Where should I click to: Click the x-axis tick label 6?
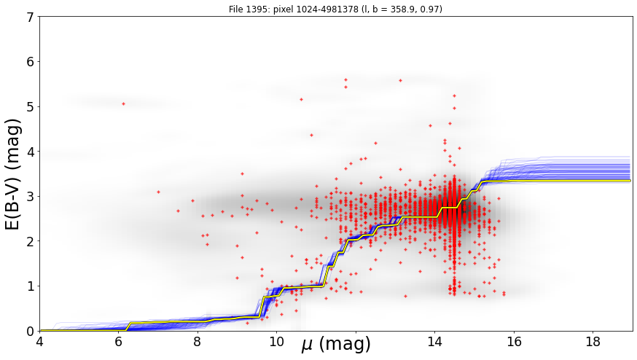[118, 342]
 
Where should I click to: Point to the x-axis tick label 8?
[198, 342]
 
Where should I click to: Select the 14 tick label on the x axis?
[434, 342]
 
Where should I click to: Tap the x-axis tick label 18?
[593, 342]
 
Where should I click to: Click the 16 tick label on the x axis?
[514, 342]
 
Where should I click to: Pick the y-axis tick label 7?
[31, 17]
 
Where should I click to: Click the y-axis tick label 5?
[31, 107]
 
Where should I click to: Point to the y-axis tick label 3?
[31, 197]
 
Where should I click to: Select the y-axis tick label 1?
[31, 286]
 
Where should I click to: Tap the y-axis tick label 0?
[31, 331]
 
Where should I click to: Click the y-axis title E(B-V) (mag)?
[13, 174]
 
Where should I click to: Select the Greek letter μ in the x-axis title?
[308, 345]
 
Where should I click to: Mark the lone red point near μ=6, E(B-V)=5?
[123, 104]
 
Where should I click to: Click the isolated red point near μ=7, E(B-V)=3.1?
[158, 192]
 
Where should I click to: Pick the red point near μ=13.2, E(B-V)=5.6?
[401, 80]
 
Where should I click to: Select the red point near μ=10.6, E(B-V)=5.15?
[302, 99]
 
